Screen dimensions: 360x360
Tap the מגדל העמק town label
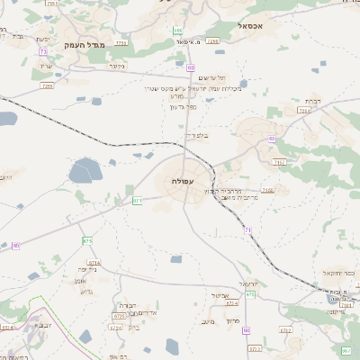[x=85, y=43]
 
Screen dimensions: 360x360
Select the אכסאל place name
[x=249, y=27]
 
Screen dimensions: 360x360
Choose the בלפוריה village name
[x=196, y=135]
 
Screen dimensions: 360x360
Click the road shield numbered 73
[x=43, y=51]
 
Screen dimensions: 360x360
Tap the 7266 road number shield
[x=212, y=41]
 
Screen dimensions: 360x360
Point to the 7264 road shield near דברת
[x=304, y=110]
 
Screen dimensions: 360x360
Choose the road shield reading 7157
[x=280, y=162]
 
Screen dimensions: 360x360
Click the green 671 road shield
[x=138, y=200]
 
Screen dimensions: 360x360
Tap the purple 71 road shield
[x=247, y=231]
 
